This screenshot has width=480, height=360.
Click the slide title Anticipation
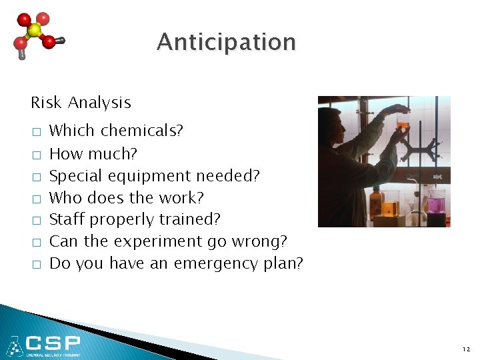click(x=226, y=43)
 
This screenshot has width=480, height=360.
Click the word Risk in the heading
click(x=46, y=103)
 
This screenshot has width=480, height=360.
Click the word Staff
click(x=68, y=219)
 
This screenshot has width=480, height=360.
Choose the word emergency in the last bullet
click(x=215, y=264)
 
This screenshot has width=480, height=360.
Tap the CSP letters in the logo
click(x=53, y=343)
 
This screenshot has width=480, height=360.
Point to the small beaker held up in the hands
click(x=403, y=121)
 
